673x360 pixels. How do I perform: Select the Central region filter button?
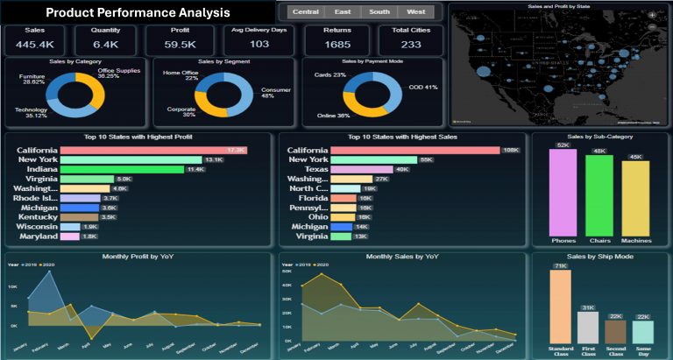coord(305,12)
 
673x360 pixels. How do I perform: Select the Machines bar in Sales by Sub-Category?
coord(635,197)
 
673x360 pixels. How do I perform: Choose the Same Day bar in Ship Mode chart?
coord(643,331)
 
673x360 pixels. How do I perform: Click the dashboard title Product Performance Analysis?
coord(138,13)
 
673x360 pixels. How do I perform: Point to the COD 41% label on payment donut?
coord(422,88)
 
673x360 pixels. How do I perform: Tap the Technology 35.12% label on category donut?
coord(31,111)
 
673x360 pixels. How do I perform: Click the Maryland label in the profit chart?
coord(37,236)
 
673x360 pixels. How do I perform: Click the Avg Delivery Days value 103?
coord(259,44)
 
